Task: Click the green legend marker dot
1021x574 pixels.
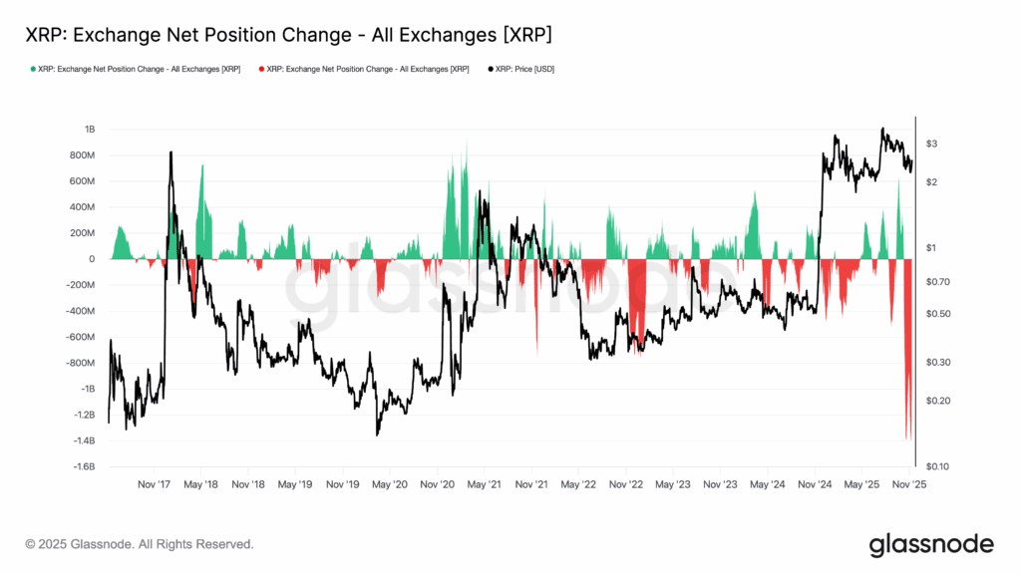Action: point(32,69)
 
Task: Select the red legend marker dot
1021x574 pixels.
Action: point(262,69)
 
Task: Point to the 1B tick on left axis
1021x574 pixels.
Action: point(90,130)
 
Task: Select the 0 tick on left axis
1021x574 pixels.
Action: point(92,259)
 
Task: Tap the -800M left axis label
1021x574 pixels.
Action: point(80,363)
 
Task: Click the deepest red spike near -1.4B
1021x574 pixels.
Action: point(907,436)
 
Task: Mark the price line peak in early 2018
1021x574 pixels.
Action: point(170,152)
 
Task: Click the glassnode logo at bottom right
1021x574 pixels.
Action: point(930,544)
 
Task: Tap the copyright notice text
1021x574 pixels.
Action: point(140,544)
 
